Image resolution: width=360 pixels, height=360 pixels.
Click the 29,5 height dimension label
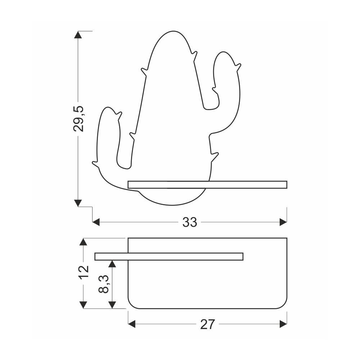coord(78,119)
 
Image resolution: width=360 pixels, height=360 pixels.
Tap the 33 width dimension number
coord(190,222)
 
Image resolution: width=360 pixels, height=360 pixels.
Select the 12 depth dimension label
coord(84,272)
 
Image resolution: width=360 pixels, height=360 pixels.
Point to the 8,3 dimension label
coord(104,284)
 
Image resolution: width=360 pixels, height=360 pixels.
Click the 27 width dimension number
coord(208,324)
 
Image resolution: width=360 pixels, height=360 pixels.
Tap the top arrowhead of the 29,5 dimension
coord(78,35)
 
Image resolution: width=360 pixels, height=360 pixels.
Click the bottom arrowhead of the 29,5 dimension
coord(78,203)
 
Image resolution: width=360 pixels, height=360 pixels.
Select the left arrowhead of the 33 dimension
coord(96,222)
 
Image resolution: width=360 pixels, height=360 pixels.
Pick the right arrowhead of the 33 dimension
coord(283,222)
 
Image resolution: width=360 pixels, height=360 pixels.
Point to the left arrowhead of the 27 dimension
coord(131,324)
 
